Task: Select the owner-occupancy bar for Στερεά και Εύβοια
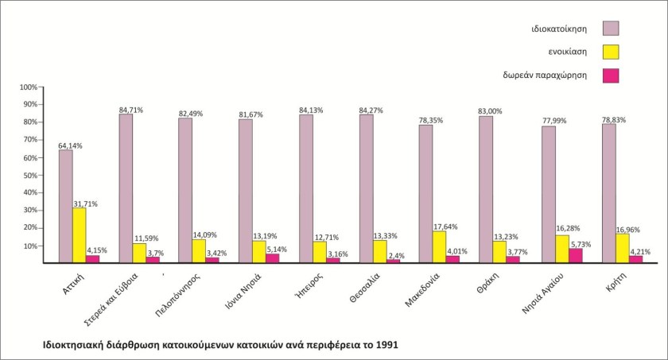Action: pos(126,188)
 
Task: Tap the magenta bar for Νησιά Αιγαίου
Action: pos(576,255)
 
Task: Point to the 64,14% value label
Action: pos(69,145)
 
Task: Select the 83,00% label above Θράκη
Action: pos(490,111)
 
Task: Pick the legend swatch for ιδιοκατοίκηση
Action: pos(611,29)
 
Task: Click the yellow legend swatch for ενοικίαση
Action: pos(611,52)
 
